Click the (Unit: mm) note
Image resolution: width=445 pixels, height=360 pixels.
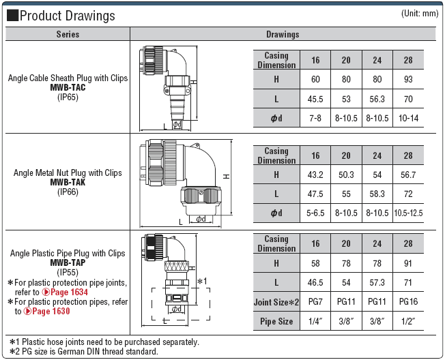click(x=419, y=14)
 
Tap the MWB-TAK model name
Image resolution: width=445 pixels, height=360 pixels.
click(x=68, y=182)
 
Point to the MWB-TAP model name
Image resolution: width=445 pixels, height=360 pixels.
click(x=68, y=262)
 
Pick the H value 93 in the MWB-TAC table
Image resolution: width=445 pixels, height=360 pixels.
click(x=408, y=80)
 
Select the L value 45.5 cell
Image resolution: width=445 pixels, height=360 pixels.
click(x=315, y=99)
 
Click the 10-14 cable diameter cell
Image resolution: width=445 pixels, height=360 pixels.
click(x=408, y=118)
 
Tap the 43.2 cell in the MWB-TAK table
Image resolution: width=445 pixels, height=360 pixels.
click(x=315, y=175)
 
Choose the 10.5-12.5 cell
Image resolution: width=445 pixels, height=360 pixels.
click(x=408, y=213)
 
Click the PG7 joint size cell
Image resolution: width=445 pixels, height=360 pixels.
click(x=315, y=301)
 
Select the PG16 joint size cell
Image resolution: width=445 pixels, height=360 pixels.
click(x=408, y=301)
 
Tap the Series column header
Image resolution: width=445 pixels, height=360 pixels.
click(x=68, y=34)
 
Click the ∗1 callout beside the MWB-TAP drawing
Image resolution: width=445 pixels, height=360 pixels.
click(x=201, y=281)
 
